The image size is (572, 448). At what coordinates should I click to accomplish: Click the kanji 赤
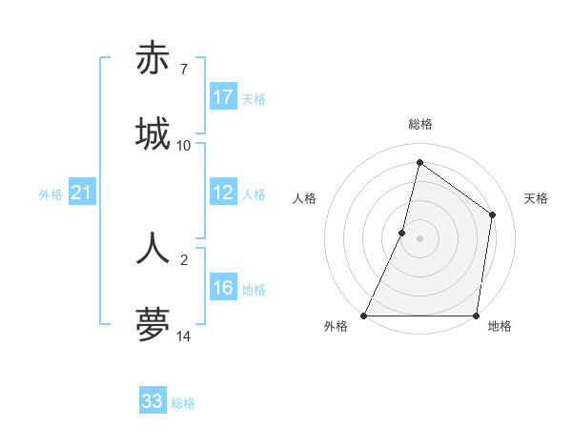(x=153, y=58)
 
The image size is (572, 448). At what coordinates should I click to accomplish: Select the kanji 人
(x=153, y=248)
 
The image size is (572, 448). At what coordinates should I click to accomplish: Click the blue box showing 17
(x=223, y=97)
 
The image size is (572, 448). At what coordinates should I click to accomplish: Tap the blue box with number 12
(x=223, y=193)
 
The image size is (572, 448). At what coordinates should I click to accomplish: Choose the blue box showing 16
(x=223, y=289)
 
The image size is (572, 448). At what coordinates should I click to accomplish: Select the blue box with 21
(x=82, y=193)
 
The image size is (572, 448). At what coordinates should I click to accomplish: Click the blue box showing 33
(x=153, y=401)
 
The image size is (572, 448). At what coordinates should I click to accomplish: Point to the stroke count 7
(x=183, y=70)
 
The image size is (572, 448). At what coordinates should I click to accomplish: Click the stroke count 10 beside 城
(x=184, y=146)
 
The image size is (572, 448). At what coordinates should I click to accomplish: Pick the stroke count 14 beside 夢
(x=184, y=336)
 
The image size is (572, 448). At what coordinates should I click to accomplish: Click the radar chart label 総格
(x=420, y=124)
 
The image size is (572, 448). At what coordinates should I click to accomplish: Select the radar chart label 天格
(x=536, y=198)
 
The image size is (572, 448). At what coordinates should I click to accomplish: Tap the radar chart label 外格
(x=336, y=326)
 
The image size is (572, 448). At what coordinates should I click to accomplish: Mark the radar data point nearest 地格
(x=476, y=316)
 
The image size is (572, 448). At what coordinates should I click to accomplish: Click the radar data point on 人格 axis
(x=402, y=232)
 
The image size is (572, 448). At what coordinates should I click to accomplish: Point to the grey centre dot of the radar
(x=420, y=238)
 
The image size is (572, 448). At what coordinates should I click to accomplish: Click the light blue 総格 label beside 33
(x=183, y=403)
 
